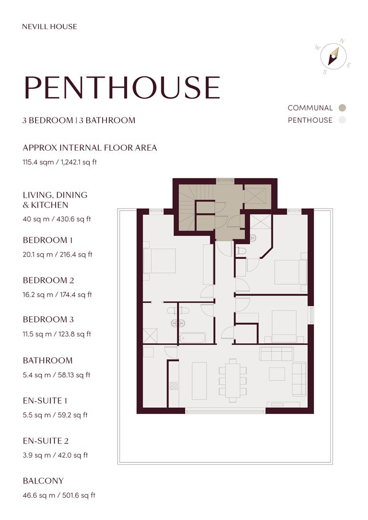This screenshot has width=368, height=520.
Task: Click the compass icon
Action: tap(333, 56)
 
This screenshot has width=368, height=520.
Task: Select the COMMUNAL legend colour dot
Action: tap(342, 108)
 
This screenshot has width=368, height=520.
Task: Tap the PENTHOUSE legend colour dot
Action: tap(342, 120)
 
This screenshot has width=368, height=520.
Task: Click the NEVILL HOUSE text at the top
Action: tap(50, 26)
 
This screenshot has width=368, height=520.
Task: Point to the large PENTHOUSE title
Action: tap(122, 88)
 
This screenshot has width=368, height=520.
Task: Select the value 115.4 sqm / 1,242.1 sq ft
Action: tap(60, 162)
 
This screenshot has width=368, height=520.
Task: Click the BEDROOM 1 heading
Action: tap(48, 240)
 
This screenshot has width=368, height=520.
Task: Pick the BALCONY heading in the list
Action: tap(43, 481)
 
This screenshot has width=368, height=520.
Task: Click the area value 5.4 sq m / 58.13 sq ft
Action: tap(57, 375)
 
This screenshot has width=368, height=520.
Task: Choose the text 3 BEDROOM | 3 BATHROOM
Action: tap(79, 120)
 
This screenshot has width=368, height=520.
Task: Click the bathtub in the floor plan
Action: tap(192, 338)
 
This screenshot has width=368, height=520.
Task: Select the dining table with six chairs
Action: tap(233, 380)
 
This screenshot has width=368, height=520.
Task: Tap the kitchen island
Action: tap(199, 380)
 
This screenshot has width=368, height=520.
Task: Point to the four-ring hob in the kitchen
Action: tap(173, 386)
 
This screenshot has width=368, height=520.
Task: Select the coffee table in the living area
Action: tap(276, 374)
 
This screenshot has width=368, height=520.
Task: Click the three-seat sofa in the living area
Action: tap(276, 354)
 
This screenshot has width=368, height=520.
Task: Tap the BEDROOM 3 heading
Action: tap(48, 319)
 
